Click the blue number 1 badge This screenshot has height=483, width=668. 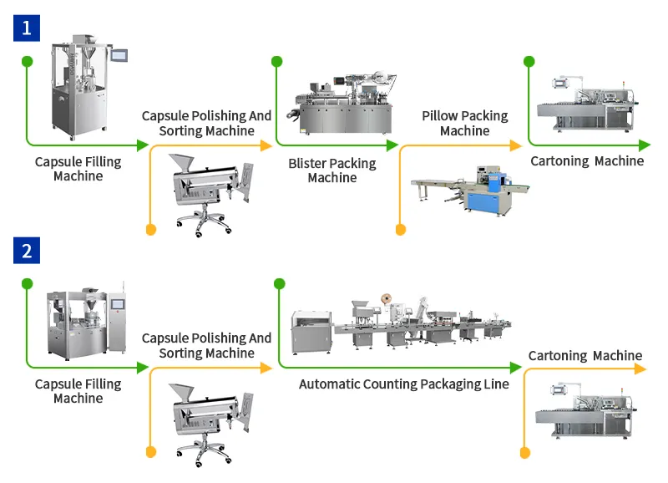pos(27,27)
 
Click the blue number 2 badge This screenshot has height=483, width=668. pos(27,250)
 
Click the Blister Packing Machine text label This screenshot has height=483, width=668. pos(332,170)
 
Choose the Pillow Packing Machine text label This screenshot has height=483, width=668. pos(464,124)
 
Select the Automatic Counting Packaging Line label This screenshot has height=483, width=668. pos(403,384)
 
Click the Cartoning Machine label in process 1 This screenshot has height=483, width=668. pos(587,160)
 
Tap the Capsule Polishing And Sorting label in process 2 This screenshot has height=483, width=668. pos(206,346)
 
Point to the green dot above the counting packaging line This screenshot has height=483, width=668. pos(278,283)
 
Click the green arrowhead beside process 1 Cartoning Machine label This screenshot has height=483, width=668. pos(645,145)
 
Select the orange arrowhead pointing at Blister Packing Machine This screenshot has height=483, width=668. pos(267,145)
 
